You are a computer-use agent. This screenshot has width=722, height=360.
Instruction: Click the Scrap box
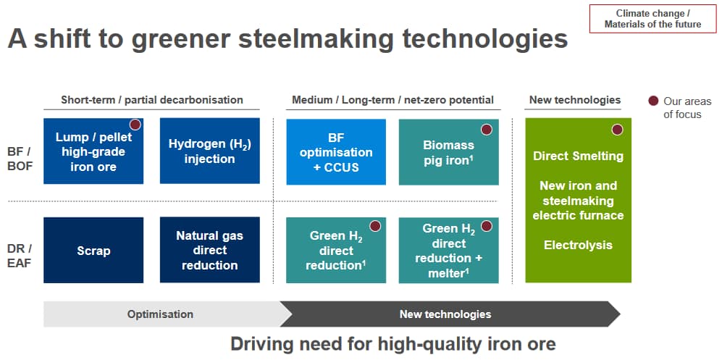[93, 250]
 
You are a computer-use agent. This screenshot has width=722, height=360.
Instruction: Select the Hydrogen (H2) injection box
[209, 151]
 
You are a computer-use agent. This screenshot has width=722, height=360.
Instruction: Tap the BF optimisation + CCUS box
[336, 152]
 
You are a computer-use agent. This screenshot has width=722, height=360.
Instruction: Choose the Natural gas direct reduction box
[209, 250]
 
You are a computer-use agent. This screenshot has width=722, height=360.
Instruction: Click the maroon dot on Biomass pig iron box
[486, 130]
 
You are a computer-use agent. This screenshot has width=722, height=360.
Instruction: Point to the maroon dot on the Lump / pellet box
[135, 125]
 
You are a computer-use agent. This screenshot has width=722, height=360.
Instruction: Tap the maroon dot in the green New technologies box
[617, 130]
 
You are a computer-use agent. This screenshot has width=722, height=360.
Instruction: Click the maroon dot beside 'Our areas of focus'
[653, 101]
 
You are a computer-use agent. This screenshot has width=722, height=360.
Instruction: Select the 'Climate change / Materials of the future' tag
[653, 20]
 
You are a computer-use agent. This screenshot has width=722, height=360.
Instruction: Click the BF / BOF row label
[20, 159]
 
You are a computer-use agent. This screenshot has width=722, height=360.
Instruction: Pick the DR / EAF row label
[20, 256]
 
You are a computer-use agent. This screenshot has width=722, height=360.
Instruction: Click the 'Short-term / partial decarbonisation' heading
[152, 100]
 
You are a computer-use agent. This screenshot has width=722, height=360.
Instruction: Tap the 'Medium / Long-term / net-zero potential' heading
[393, 100]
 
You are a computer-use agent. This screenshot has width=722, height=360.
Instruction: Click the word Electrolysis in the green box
[578, 245]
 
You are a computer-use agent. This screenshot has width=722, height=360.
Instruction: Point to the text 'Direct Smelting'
[578, 156]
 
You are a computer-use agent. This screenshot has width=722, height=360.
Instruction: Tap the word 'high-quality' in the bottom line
[416, 344]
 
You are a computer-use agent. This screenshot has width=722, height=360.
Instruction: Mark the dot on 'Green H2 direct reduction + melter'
[486, 226]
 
